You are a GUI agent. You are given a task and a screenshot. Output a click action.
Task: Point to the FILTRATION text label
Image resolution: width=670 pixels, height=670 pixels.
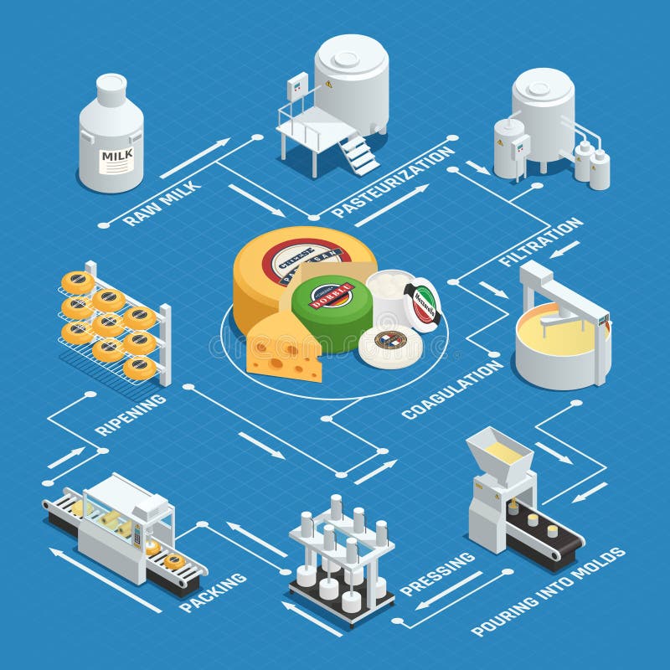pos(540,242)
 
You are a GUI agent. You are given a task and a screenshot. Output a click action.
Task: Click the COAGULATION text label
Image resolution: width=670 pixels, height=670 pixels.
pos(452,389)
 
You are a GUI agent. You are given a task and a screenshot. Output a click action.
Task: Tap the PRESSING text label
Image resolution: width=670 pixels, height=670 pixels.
pos(436,574)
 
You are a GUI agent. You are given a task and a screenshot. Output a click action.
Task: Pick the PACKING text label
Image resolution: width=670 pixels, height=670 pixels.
pos(213,591)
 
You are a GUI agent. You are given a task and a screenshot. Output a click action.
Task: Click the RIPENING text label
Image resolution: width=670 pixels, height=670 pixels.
pos(130,415)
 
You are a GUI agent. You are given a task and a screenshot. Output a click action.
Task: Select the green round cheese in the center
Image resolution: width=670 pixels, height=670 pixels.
pos(332,306)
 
